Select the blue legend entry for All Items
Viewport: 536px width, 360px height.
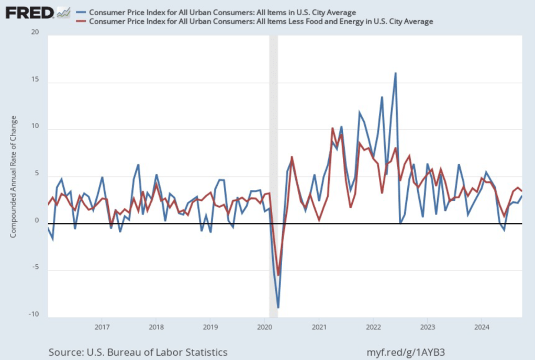pyautogui.click(x=222, y=12)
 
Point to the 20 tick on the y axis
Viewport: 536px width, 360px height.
pyautogui.click(x=35, y=32)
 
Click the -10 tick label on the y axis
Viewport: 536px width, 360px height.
pyautogui.click(x=34, y=314)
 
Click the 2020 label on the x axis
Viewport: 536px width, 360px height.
pyautogui.click(x=264, y=328)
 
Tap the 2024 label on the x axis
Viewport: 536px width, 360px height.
pyautogui.click(x=482, y=328)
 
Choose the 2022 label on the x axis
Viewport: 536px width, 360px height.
pyautogui.click(x=373, y=328)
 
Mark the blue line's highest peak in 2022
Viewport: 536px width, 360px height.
pyautogui.click(x=395, y=73)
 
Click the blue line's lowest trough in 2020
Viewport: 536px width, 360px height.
pyautogui.click(x=278, y=307)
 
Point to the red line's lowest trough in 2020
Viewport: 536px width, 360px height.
pyautogui.click(x=278, y=275)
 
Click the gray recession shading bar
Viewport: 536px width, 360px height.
pyautogui.click(x=273, y=157)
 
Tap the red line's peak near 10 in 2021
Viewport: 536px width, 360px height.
pyautogui.click(x=332, y=128)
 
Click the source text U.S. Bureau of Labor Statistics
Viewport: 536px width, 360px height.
pyautogui.click(x=138, y=352)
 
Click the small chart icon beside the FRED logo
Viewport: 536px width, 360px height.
pyautogui.click(x=63, y=12)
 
